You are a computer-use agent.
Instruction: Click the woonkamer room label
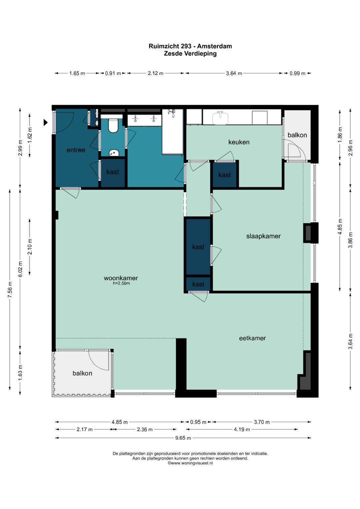121,278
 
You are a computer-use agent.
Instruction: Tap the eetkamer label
252,338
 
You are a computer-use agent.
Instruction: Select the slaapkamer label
263,236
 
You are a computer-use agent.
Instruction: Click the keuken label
239,142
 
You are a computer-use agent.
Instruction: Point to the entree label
76,150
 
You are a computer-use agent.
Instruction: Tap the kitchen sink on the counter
220,118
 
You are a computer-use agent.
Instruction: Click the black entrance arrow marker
46,122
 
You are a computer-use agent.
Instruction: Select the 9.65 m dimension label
183,438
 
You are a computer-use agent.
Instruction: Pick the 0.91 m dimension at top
113,73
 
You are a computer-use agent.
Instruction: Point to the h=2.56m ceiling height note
121,283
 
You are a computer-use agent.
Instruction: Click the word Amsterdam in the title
214,46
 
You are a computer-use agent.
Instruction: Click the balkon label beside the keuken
297,135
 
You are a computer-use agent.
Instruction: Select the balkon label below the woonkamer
82,373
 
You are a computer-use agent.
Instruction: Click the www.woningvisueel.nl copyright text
190,463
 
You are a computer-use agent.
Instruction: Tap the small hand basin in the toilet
114,153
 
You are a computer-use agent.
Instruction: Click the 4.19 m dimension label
242,429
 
